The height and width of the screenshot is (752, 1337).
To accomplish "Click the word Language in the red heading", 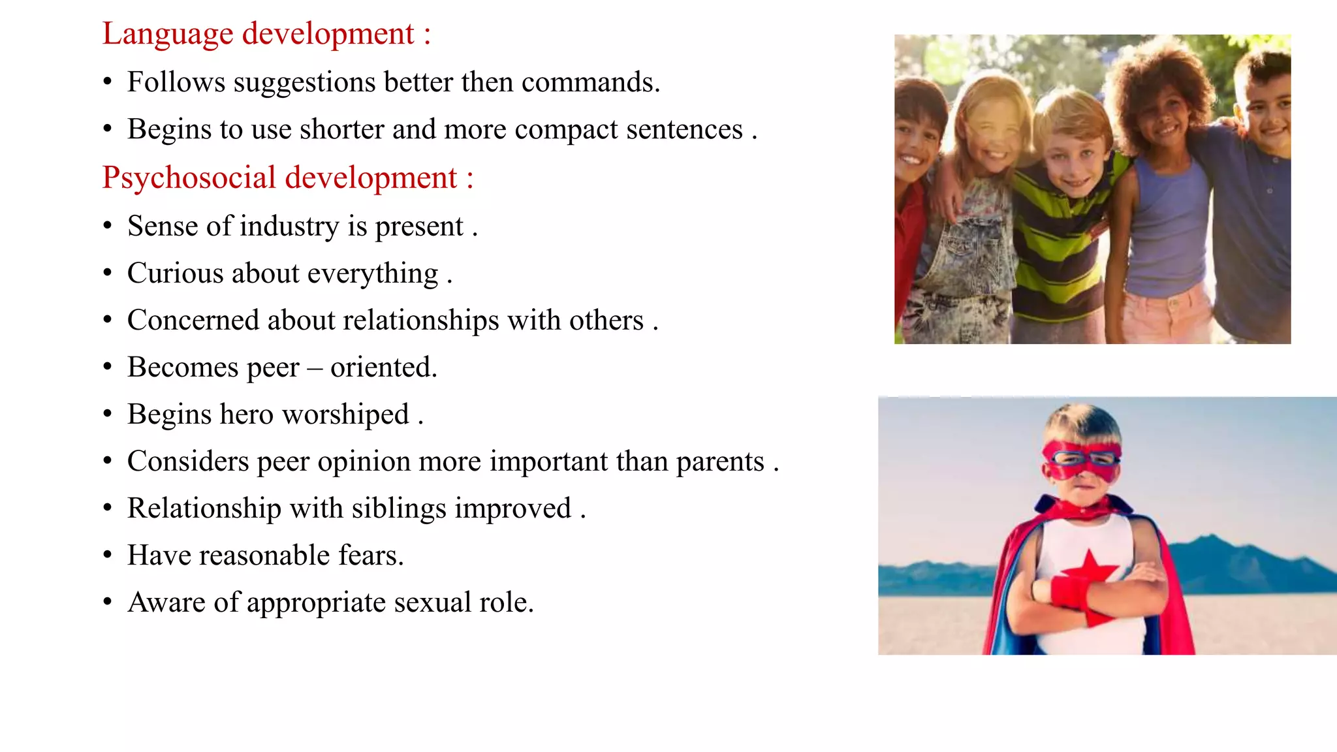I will [x=167, y=35].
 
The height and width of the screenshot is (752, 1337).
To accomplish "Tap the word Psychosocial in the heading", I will [x=189, y=178].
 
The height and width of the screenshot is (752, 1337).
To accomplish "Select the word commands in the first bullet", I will [x=590, y=83].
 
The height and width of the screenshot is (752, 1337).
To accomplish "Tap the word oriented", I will [x=383, y=368].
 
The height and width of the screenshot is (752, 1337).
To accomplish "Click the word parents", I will [x=719, y=462].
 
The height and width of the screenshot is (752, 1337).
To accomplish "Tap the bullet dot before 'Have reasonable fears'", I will [x=108, y=556].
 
